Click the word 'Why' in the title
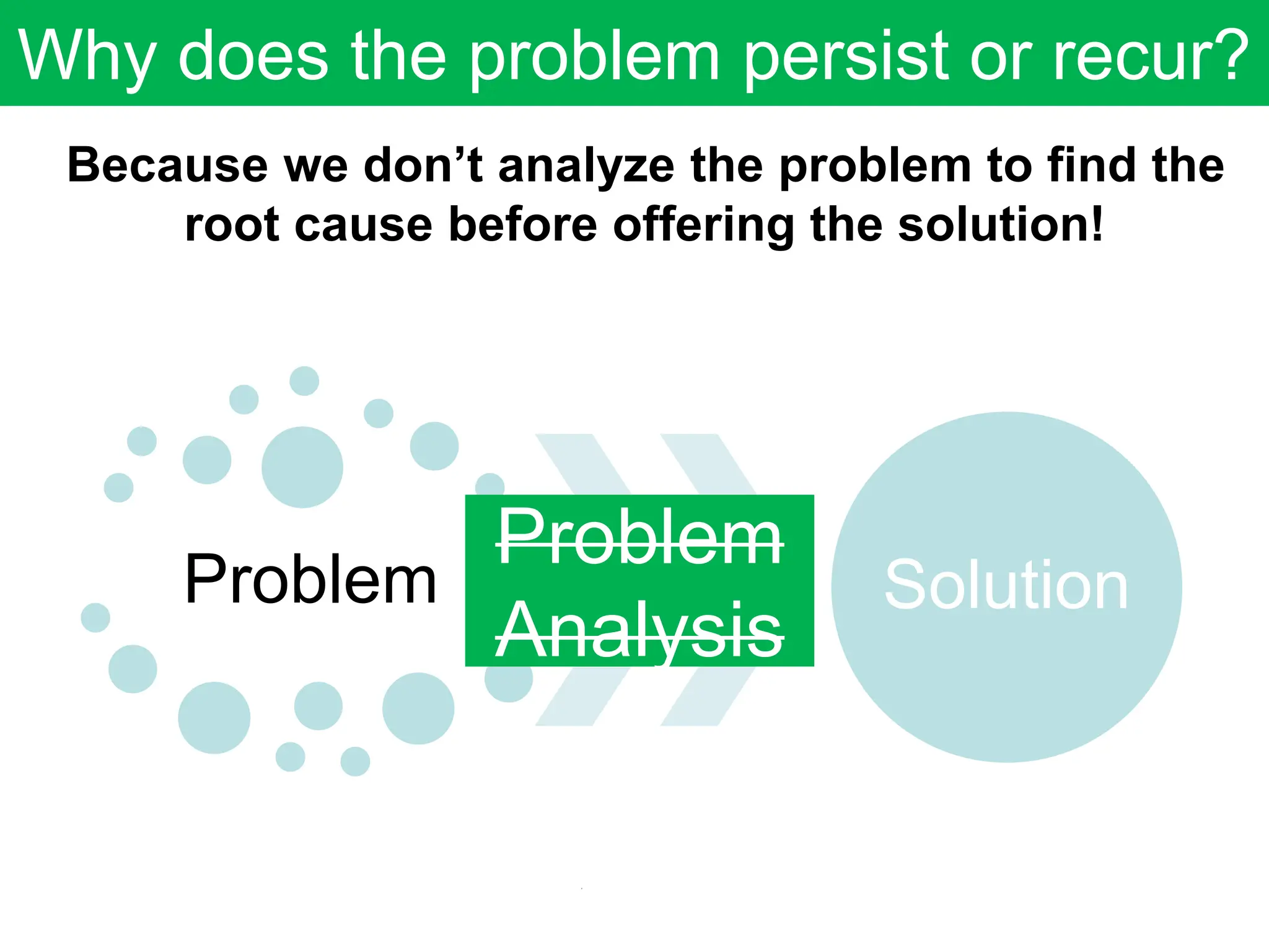(x=87, y=57)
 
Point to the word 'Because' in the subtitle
(x=167, y=165)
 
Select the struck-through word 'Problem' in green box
(x=639, y=537)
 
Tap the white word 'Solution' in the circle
(x=1006, y=585)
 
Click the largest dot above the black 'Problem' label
(x=302, y=467)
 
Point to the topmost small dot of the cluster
(x=304, y=381)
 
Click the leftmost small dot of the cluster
(x=95, y=617)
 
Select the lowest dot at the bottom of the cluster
(x=355, y=761)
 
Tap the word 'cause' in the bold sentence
(x=363, y=224)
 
